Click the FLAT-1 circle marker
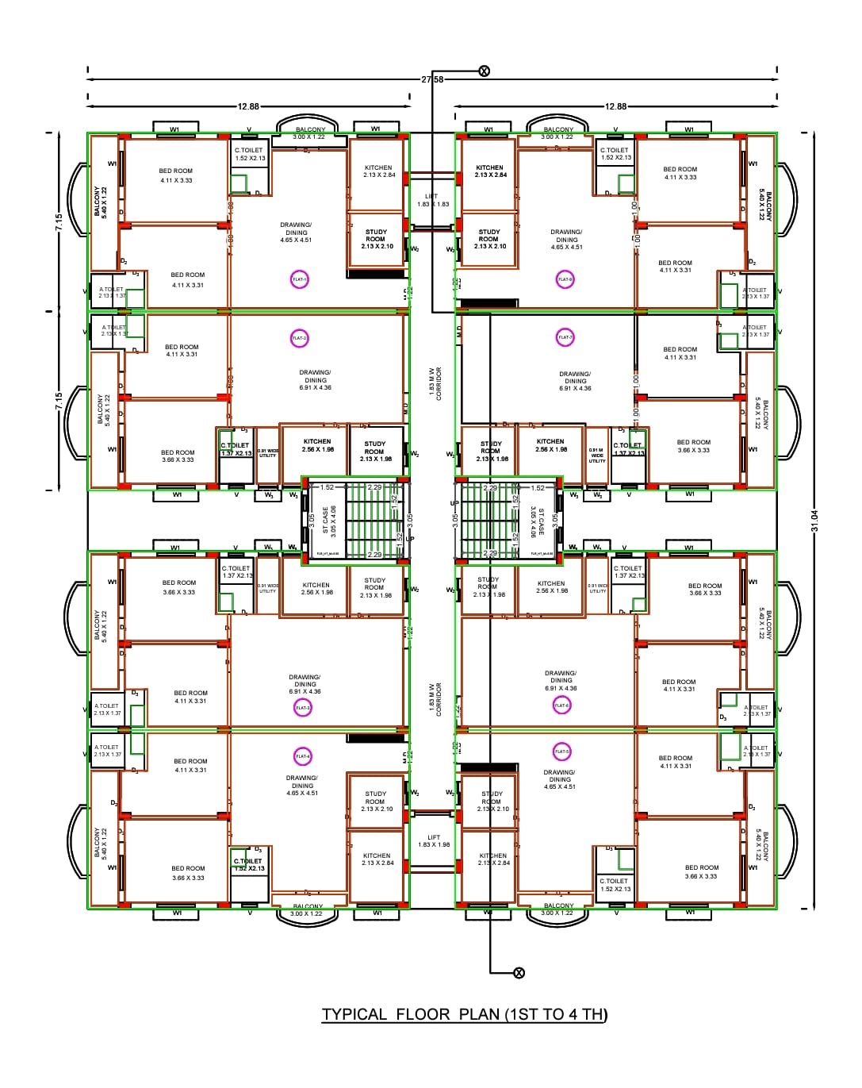300,279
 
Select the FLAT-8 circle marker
565,279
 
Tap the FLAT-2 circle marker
299,338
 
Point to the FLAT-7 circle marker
565,337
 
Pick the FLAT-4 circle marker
302,756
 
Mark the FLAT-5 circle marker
561,752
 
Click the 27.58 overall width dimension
433,79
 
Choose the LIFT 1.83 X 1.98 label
434,840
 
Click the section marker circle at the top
484,71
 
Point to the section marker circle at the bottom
519,973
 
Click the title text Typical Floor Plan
464,1014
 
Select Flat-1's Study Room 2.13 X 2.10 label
377,239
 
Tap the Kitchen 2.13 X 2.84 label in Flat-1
378,171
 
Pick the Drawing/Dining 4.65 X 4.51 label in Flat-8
566,239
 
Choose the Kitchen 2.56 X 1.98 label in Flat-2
317,445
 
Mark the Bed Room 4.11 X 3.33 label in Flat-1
175,175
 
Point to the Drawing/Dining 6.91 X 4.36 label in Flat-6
561,680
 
